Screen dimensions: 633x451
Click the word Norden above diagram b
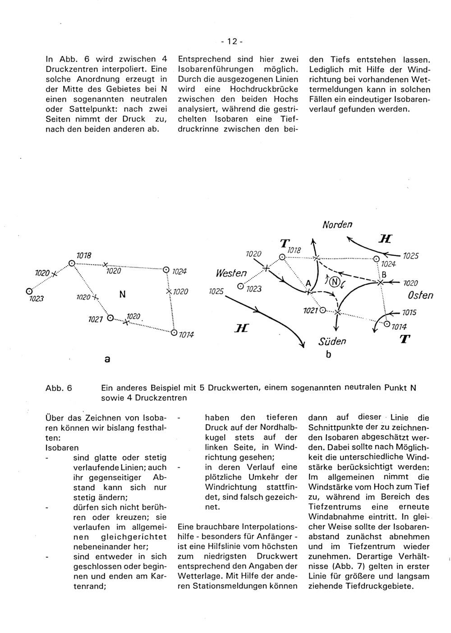[x=337, y=224]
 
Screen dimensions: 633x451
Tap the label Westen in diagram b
[x=232, y=274]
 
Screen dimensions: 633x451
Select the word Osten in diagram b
[x=420, y=295]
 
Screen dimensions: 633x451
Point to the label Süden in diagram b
[x=333, y=341]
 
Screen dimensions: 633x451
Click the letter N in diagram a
[x=122, y=294]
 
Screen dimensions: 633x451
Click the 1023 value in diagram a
[x=35, y=298]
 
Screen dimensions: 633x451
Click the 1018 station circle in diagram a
[x=72, y=263]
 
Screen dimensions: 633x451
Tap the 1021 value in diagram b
[x=311, y=311]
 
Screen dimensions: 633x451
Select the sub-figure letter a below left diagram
[x=106, y=359]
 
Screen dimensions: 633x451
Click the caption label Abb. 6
[x=59, y=387]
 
